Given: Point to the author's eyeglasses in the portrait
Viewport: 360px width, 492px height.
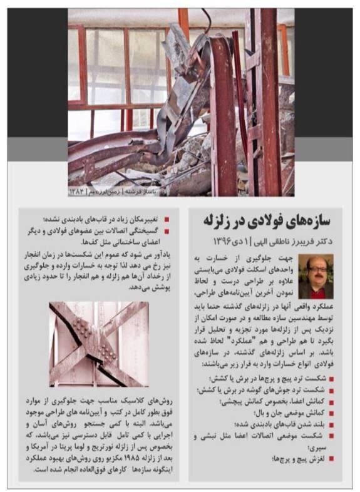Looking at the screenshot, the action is click(x=316, y=269).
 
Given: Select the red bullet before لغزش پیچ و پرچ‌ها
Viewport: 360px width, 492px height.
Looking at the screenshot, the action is click(x=331, y=459).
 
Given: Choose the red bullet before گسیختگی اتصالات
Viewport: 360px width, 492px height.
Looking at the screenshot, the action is click(x=167, y=230).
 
